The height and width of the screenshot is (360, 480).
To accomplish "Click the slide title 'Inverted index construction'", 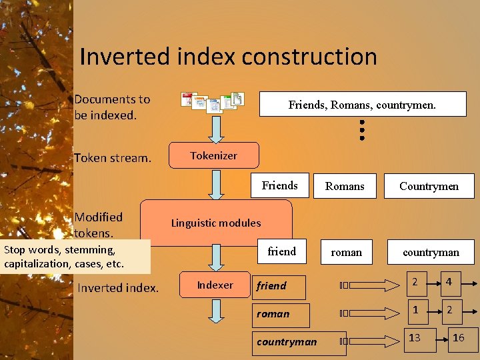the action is tap(228, 57).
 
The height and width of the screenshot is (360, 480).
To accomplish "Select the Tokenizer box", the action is tap(213, 155).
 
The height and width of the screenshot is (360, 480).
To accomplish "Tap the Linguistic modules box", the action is tap(216, 223).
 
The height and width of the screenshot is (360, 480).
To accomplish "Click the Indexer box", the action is tap(215, 285).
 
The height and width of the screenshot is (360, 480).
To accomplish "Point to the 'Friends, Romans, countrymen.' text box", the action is tap(362, 105).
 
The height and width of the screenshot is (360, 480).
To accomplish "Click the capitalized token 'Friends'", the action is tap(280, 185).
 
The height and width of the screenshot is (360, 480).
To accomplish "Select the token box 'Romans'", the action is tap(345, 186).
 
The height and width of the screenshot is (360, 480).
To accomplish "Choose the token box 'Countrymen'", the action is tap(429, 186).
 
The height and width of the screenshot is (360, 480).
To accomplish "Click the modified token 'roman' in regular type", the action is tap(347, 252).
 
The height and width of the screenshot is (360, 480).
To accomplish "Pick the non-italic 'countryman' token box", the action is tap(431, 252).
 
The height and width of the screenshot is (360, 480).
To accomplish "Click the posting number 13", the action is tap(415, 338).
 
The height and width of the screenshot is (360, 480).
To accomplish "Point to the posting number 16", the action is tap(458, 338).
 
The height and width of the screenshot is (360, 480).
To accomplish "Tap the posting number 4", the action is tap(449, 282).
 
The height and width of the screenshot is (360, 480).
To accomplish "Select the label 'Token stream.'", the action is tap(113, 158).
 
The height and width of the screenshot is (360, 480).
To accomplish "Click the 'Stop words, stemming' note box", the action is tap(75, 257).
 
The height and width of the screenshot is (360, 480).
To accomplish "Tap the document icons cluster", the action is tap(213, 101).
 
